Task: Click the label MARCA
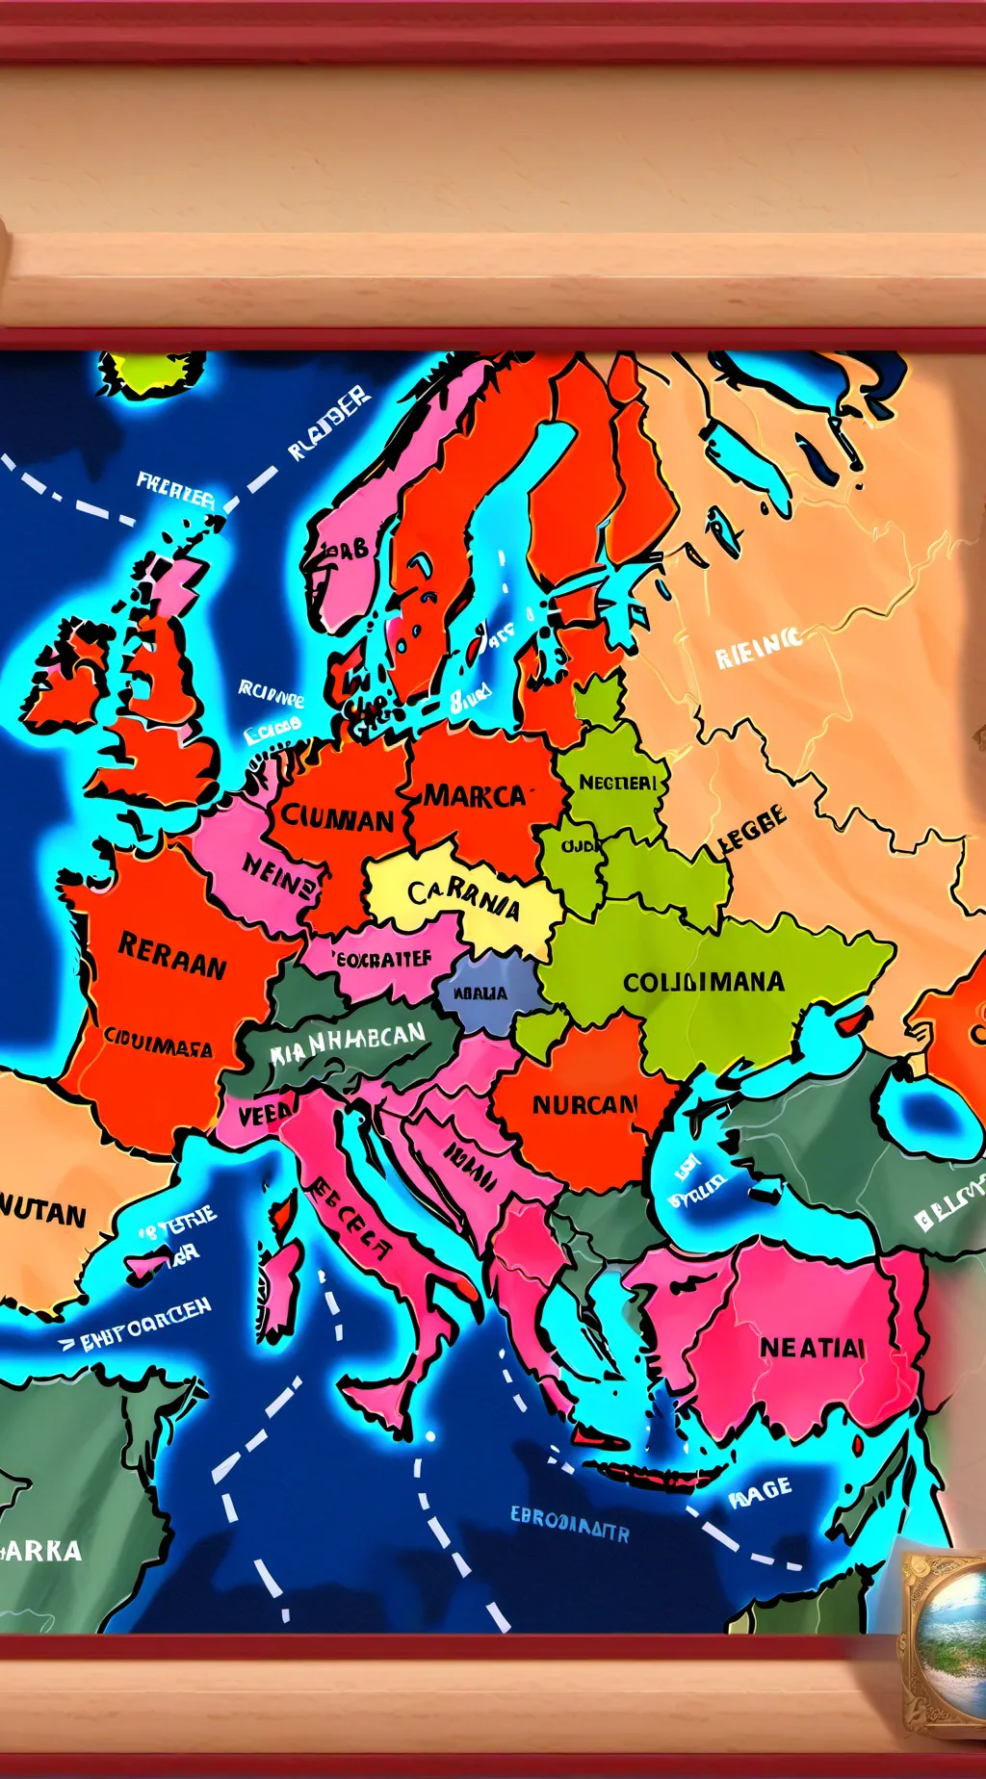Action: pyautogui.click(x=476, y=796)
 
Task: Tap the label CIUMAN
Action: pyautogui.click(x=337, y=818)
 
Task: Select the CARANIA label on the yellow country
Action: pyautogui.click(x=463, y=898)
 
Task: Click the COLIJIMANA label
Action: pyautogui.click(x=703, y=982)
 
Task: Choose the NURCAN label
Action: pyautogui.click(x=584, y=1104)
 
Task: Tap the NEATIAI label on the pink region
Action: pyautogui.click(x=812, y=1348)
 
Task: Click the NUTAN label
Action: pyautogui.click(x=43, y=1213)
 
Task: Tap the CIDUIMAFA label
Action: pyautogui.click(x=157, y=1043)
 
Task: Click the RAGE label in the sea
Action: pyautogui.click(x=760, y=1491)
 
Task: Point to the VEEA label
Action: pyautogui.click(x=265, y=1115)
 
